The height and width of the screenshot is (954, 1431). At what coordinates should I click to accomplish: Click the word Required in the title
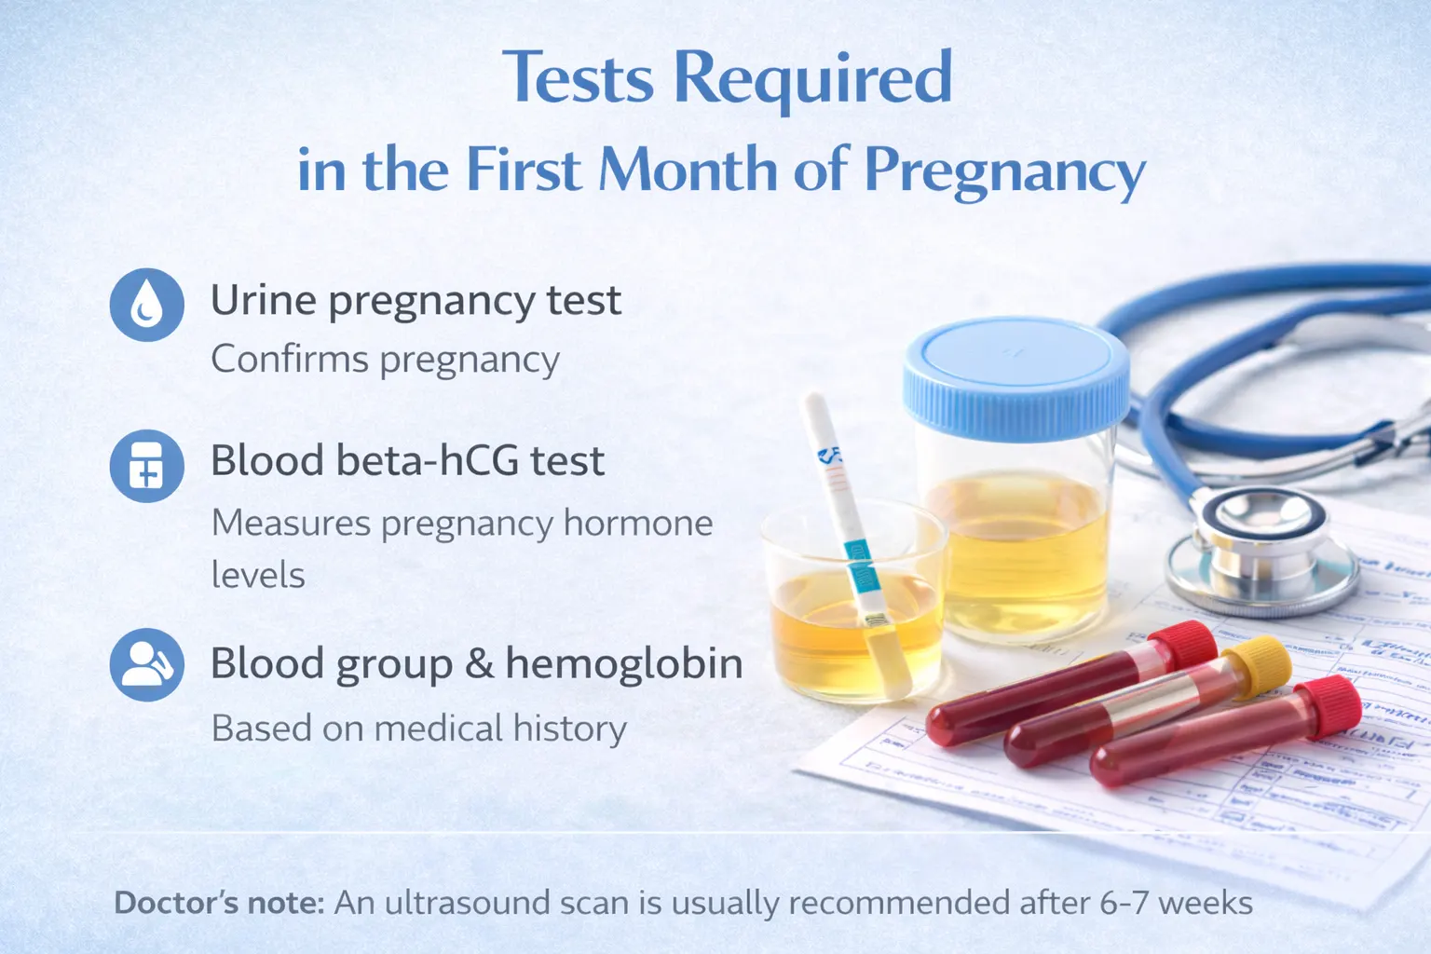point(812,78)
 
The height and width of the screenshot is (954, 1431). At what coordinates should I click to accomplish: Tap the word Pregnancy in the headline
point(1004,171)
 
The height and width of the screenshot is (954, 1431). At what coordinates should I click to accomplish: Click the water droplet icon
point(146,305)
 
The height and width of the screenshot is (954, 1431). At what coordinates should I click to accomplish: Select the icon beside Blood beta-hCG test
point(146,465)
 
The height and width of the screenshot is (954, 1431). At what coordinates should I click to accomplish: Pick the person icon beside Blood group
point(146,664)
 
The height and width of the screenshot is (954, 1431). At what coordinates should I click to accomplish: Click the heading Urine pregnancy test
point(416,301)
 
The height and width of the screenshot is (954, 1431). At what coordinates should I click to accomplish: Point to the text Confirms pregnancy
point(385,360)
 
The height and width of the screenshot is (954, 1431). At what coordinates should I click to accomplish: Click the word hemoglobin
point(623,664)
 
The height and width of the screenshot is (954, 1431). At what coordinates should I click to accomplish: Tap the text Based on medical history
point(418,729)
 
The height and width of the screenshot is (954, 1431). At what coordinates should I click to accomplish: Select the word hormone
point(638,524)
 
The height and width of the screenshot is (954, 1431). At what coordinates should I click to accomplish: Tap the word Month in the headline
point(688,171)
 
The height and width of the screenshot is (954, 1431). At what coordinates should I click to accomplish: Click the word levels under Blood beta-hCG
point(258,576)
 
